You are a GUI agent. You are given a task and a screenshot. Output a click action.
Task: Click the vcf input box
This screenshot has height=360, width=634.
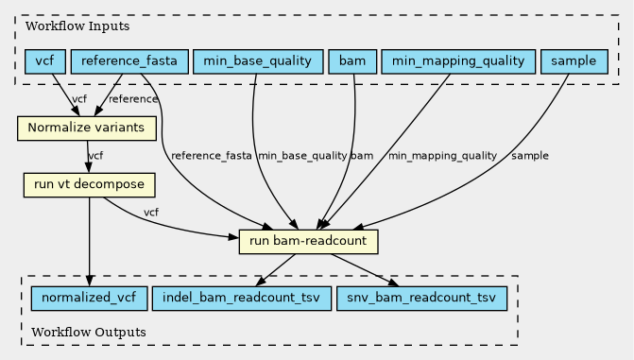[x=45, y=61]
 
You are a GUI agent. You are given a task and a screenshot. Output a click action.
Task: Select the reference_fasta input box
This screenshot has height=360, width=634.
[x=129, y=61]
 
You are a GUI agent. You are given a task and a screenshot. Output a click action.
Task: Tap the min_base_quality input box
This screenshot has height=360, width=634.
[x=258, y=61]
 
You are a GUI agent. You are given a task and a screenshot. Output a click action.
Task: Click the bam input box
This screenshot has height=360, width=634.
[x=352, y=61]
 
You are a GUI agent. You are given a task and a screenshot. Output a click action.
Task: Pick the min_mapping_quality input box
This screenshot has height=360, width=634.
[x=458, y=61]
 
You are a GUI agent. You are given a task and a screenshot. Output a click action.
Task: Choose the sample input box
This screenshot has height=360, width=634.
[x=574, y=61]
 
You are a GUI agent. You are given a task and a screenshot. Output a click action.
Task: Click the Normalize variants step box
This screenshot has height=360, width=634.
[x=87, y=129]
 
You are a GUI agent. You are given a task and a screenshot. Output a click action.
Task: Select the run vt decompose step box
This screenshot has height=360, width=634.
[x=90, y=185]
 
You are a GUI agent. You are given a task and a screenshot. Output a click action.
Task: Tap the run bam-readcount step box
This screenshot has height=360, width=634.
[x=309, y=242]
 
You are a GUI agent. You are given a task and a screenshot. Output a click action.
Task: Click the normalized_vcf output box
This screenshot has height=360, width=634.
[x=90, y=299]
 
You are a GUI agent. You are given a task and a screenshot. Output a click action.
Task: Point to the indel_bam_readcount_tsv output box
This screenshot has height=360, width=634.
[x=242, y=299]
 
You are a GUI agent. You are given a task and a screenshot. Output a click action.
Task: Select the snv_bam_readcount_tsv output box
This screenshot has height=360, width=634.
[x=421, y=299]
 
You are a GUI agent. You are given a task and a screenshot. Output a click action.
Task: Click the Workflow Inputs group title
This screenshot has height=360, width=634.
[x=77, y=26]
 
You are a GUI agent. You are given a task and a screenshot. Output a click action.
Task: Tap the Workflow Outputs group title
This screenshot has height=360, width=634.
[x=89, y=333]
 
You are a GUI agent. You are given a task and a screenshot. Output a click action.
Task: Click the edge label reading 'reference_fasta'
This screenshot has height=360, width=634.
[x=212, y=156]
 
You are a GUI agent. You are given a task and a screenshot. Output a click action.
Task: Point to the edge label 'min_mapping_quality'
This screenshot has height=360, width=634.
[x=443, y=156]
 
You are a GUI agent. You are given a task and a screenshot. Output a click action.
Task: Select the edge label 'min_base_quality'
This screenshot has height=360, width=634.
[x=302, y=156]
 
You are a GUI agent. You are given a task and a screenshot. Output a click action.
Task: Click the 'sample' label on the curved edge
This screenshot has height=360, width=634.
[x=530, y=156]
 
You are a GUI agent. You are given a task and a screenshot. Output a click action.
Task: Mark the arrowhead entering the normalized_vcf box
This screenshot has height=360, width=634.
[x=90, y=281]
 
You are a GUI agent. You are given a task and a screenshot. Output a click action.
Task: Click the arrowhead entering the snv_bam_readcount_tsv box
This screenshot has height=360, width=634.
[x=393, y=283]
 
